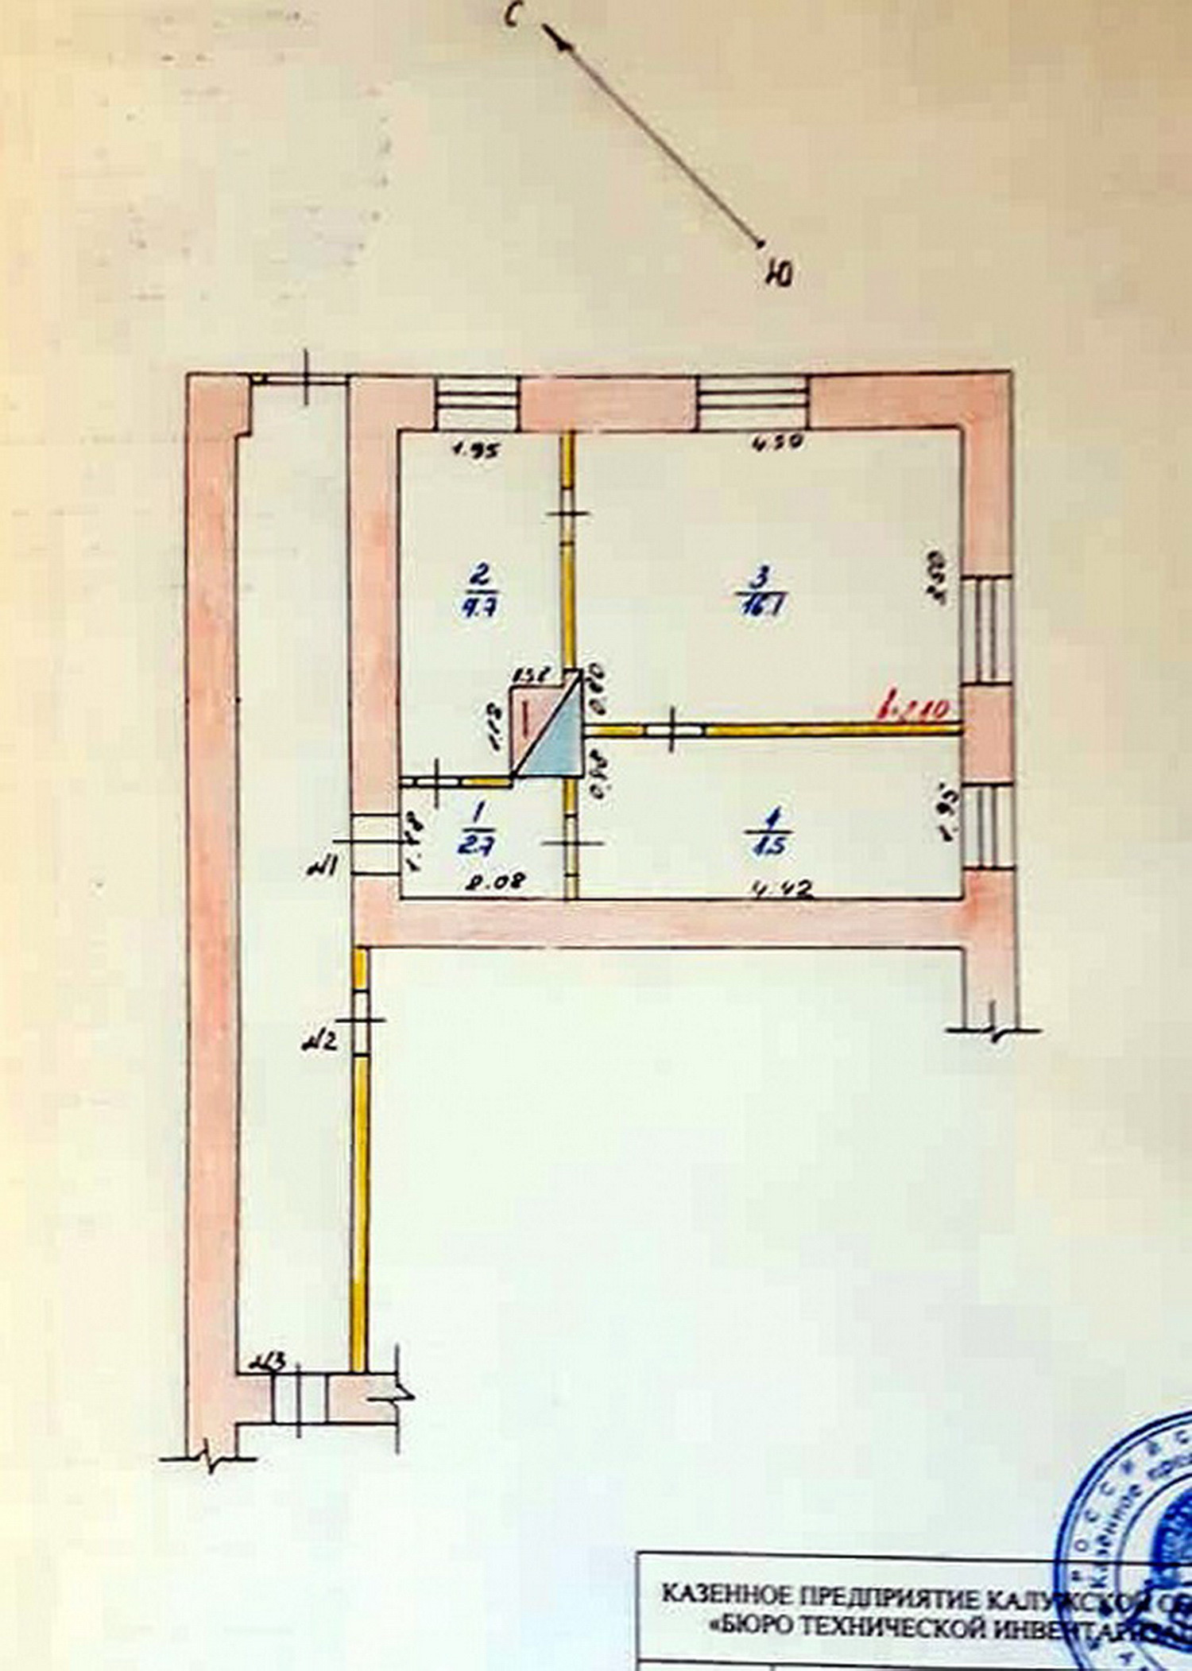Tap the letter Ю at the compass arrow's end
(x=780, y=274)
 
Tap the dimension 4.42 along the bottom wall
(x=783, y=890)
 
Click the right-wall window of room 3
(x=986, y=629)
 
